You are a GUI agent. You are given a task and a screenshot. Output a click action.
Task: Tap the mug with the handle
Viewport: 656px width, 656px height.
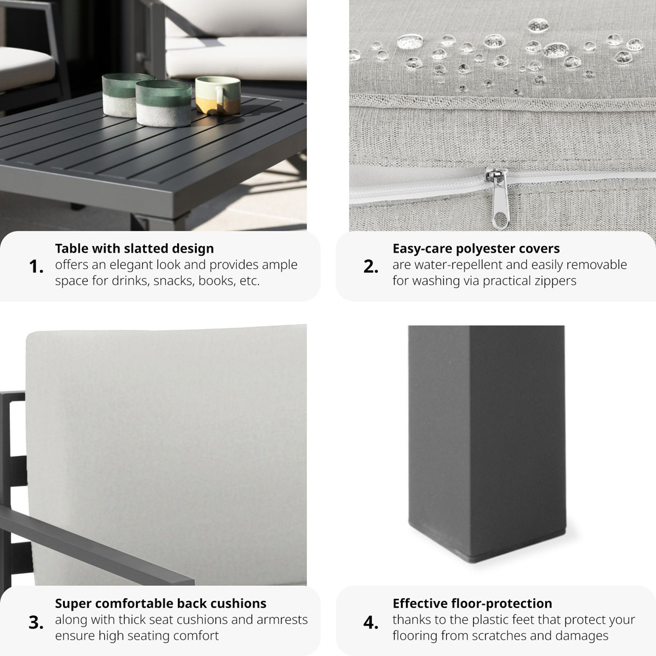pos(218,95)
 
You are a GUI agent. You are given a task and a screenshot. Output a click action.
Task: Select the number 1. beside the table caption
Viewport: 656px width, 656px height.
pos(36,266)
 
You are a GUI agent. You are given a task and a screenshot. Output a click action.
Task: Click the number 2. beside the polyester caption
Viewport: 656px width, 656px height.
pos(371,266)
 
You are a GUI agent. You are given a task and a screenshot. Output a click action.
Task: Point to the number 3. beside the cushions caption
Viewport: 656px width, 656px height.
pos(36,623)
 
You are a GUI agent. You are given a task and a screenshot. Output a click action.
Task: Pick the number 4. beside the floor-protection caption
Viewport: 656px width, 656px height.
pos(371,623)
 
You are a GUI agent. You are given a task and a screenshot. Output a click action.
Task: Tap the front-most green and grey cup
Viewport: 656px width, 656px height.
pos(163,103)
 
